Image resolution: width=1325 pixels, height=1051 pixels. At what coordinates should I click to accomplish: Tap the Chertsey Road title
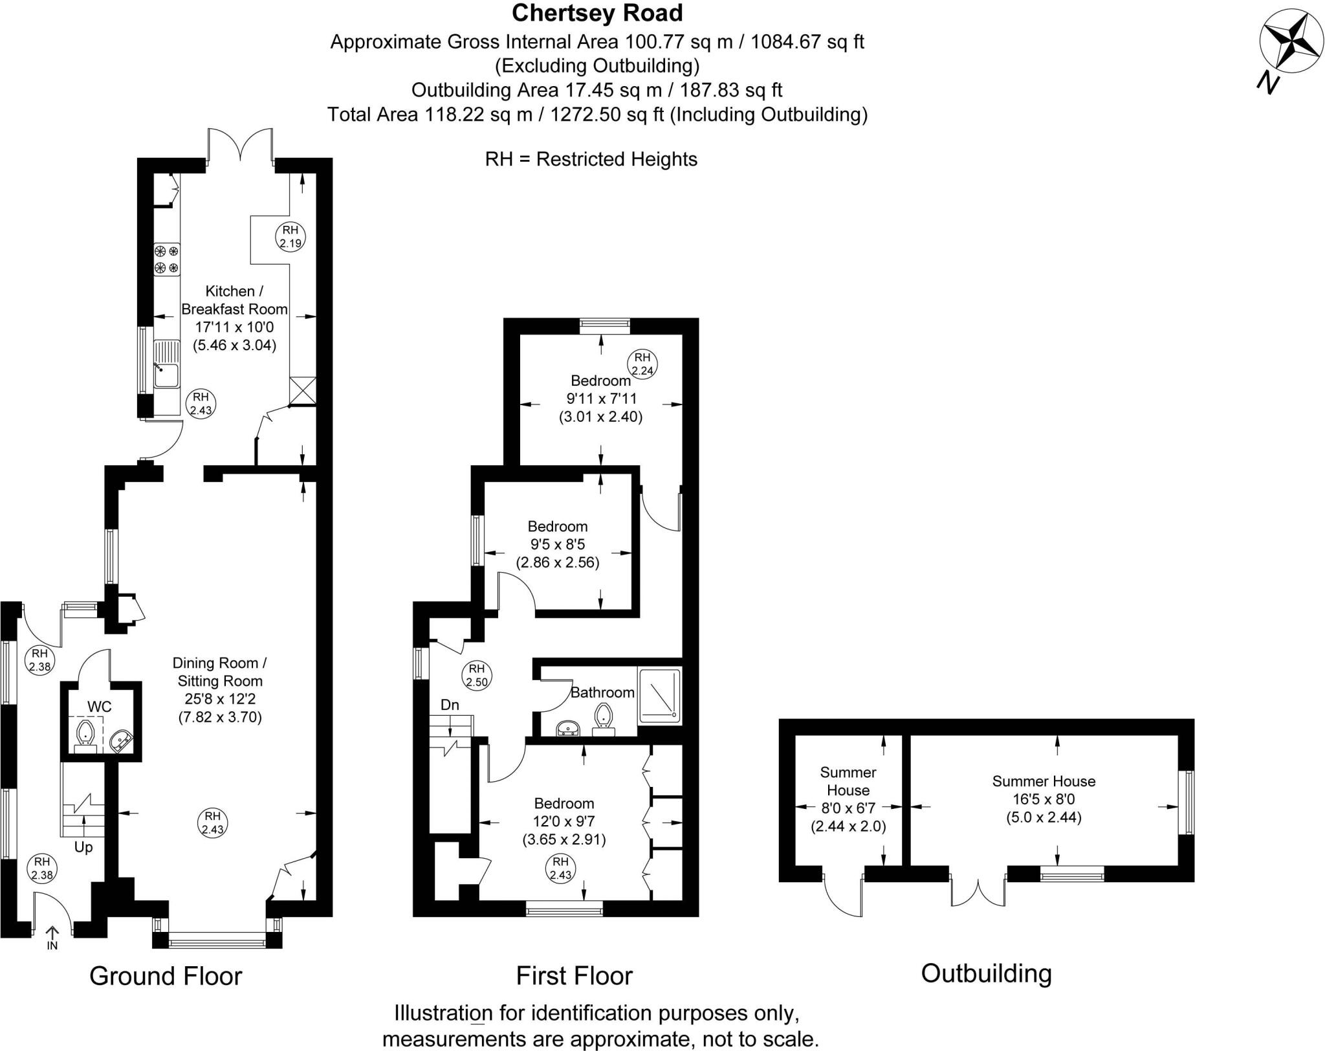[x=597, y=13]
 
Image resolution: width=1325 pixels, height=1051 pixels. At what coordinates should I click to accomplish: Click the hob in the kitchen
[x=166, y=259]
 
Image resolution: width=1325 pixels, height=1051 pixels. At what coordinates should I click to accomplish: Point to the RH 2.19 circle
[x=290, y=237]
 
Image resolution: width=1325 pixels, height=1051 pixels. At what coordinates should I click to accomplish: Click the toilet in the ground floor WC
[x=85, y=736]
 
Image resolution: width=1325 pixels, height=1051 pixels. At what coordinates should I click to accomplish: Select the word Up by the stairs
[x=83, y=847]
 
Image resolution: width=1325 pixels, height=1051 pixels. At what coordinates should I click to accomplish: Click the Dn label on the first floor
[x=450, y=705]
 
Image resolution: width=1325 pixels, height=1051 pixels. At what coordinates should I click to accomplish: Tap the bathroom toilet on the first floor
[x=604, y=719]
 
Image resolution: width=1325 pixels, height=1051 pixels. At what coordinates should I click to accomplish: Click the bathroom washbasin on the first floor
[x=568, y=729]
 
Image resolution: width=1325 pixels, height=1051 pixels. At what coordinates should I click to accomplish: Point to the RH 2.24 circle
[x=642, y=364]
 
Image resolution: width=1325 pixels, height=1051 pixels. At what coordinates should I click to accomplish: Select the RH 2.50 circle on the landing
[x=477, y=675]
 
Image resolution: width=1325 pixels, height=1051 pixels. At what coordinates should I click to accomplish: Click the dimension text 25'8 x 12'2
[x=220, y=699]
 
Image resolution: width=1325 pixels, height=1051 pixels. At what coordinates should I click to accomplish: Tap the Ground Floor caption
[x=166, y=975]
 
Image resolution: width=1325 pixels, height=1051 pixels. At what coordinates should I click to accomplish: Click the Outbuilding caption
[x=986, y=973]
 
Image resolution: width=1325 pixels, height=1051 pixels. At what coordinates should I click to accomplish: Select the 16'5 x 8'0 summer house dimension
[x=1044, y=799]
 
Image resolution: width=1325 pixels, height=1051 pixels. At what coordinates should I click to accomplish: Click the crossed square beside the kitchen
[x=303, y=391]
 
